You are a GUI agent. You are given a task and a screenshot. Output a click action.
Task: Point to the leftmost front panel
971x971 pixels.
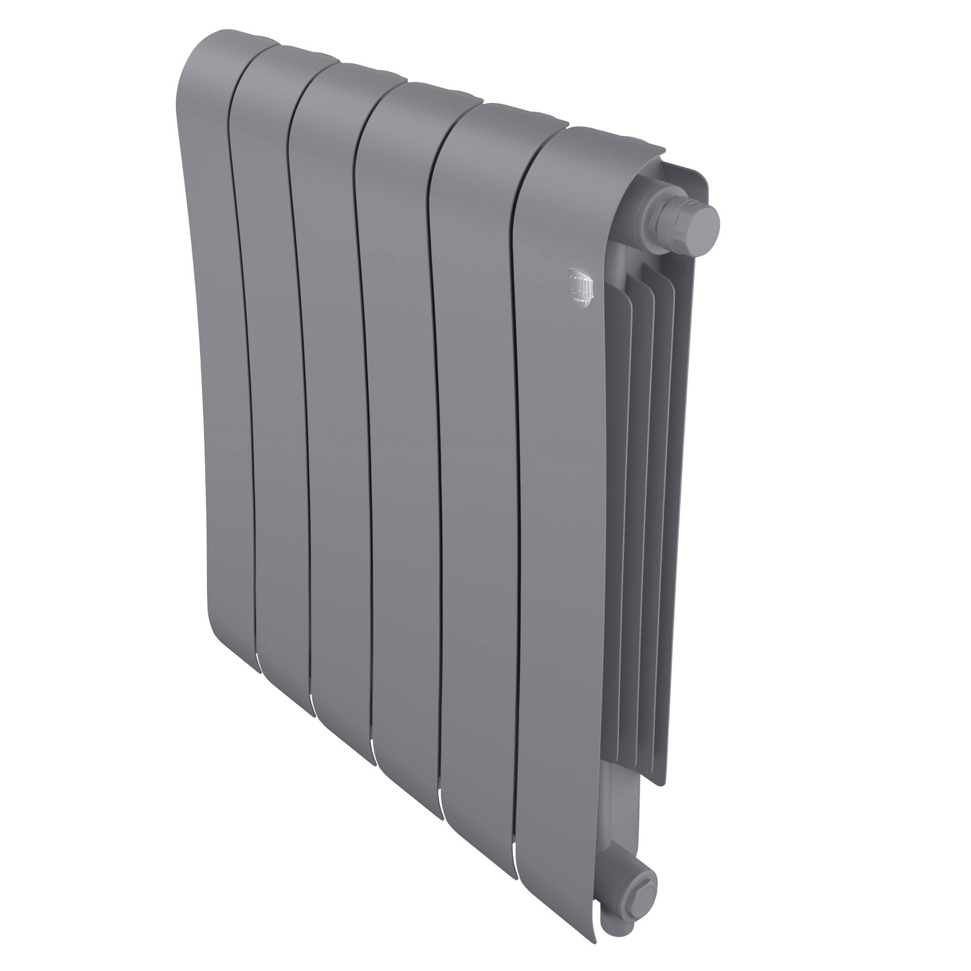point(221,352)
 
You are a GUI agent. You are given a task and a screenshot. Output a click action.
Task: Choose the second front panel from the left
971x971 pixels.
point(276,377)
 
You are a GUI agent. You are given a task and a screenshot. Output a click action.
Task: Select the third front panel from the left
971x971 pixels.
point(337,402)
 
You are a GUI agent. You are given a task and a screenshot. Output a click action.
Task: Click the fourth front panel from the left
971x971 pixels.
point(402,427)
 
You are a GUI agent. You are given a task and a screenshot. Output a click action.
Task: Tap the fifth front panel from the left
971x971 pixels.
point(475,452)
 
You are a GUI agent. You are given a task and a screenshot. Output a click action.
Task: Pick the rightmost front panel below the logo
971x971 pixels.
point(558,502)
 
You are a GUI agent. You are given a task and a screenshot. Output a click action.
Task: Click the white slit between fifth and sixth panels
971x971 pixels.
point(516,849)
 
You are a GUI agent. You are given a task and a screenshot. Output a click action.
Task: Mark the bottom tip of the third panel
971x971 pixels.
point(369,761)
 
